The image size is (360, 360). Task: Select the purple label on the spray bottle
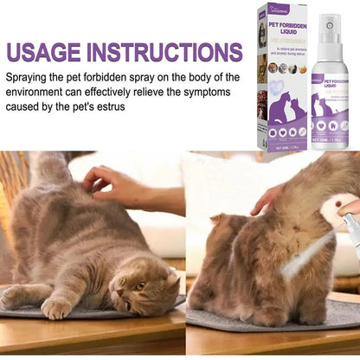(x=332, y=91)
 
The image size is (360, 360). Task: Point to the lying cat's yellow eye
(x=139, y=286)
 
